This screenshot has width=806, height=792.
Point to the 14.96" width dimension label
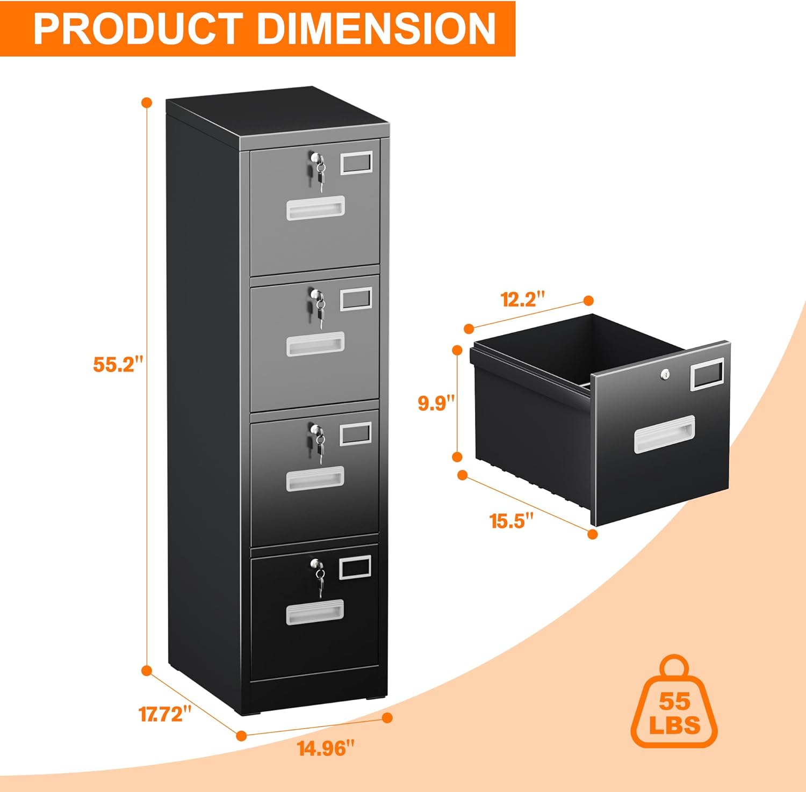(326, 747)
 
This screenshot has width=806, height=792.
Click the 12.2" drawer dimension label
(523, 299)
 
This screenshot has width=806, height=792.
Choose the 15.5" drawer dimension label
(512, 520)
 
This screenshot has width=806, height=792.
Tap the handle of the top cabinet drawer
(315, 208)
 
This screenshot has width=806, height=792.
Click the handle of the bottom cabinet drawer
(315, 612)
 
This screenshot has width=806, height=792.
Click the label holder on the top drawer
(356, 162)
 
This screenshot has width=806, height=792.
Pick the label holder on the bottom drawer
(356, 567)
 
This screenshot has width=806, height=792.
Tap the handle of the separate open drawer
(664, 434)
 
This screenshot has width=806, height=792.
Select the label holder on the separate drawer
(706, 374)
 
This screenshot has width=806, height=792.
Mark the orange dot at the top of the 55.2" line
(146, 103)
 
